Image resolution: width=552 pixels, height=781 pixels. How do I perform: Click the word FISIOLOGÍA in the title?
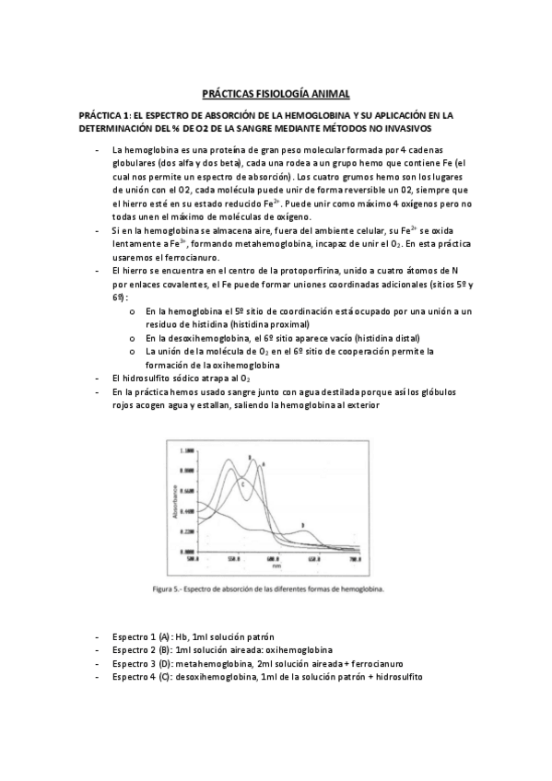click(276, 94)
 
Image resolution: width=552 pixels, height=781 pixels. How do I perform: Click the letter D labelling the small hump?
click(302, 525)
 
